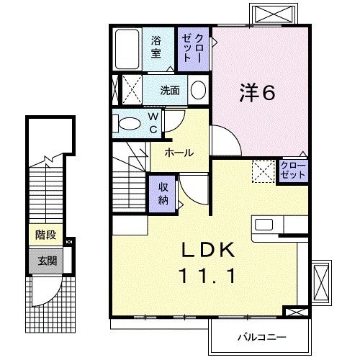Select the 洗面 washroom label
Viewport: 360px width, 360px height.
[x=170, y=91]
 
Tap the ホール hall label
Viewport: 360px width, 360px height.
[x=178, y=152]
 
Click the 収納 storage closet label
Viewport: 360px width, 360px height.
[x=163, y=192]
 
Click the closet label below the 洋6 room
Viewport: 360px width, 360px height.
[x=293, y=171]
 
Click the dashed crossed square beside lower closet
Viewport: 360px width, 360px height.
[x=262, y=171]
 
